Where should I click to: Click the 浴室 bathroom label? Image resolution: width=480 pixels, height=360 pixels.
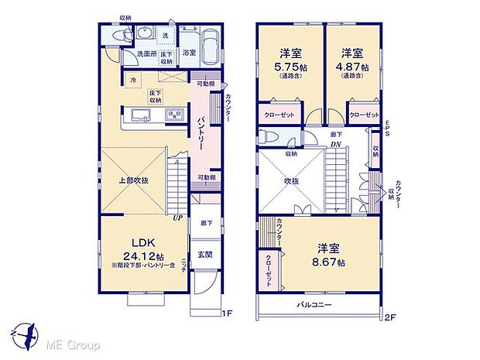pos(189,53)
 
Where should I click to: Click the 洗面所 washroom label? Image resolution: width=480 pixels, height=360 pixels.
pos(147,54)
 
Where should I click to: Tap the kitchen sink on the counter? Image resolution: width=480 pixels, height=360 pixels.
pos(143,115)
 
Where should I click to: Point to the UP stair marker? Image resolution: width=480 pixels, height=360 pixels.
pos(178,217)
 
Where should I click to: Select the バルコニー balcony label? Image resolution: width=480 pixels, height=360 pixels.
pos(314,303)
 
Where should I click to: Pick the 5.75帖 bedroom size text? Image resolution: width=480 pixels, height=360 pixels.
pos(290,67)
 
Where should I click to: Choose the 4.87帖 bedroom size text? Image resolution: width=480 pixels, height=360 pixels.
pos(352,67)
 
